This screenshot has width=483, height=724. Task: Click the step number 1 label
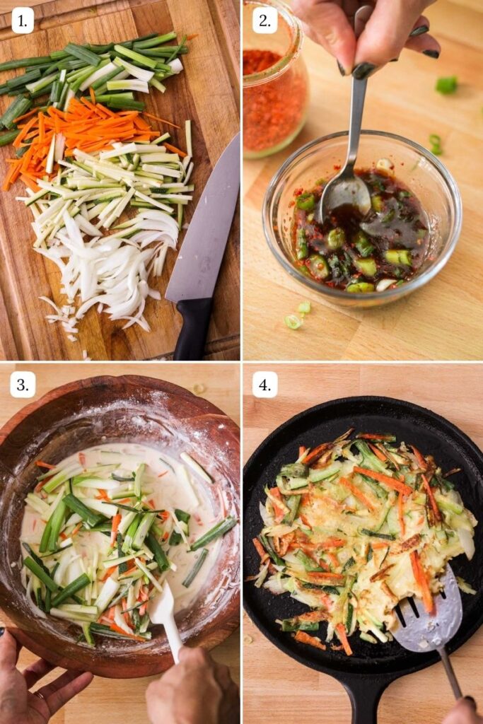[23, 21]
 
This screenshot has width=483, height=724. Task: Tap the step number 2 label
[264, 21]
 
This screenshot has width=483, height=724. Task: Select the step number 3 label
[23, 385]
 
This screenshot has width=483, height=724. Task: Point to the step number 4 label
[264, 385]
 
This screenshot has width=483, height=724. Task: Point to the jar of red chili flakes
[272, 92]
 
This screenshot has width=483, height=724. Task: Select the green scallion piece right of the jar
[446, 85]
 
